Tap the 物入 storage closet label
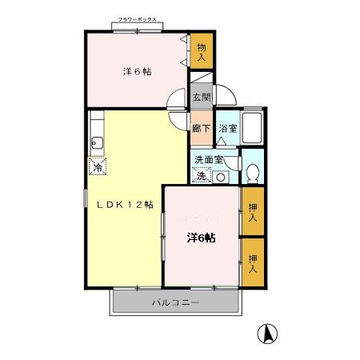[201, 52]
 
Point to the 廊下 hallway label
[201, 128]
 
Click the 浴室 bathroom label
[227, 128]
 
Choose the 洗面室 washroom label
[209, 158]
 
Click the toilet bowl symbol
[251, 171]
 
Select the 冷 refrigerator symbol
[98, 167]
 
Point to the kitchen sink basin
[96, 144]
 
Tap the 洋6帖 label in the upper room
[138, 72]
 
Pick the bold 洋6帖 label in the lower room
[202, 238]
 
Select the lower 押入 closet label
[253, 262]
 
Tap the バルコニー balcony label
[174, 303]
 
